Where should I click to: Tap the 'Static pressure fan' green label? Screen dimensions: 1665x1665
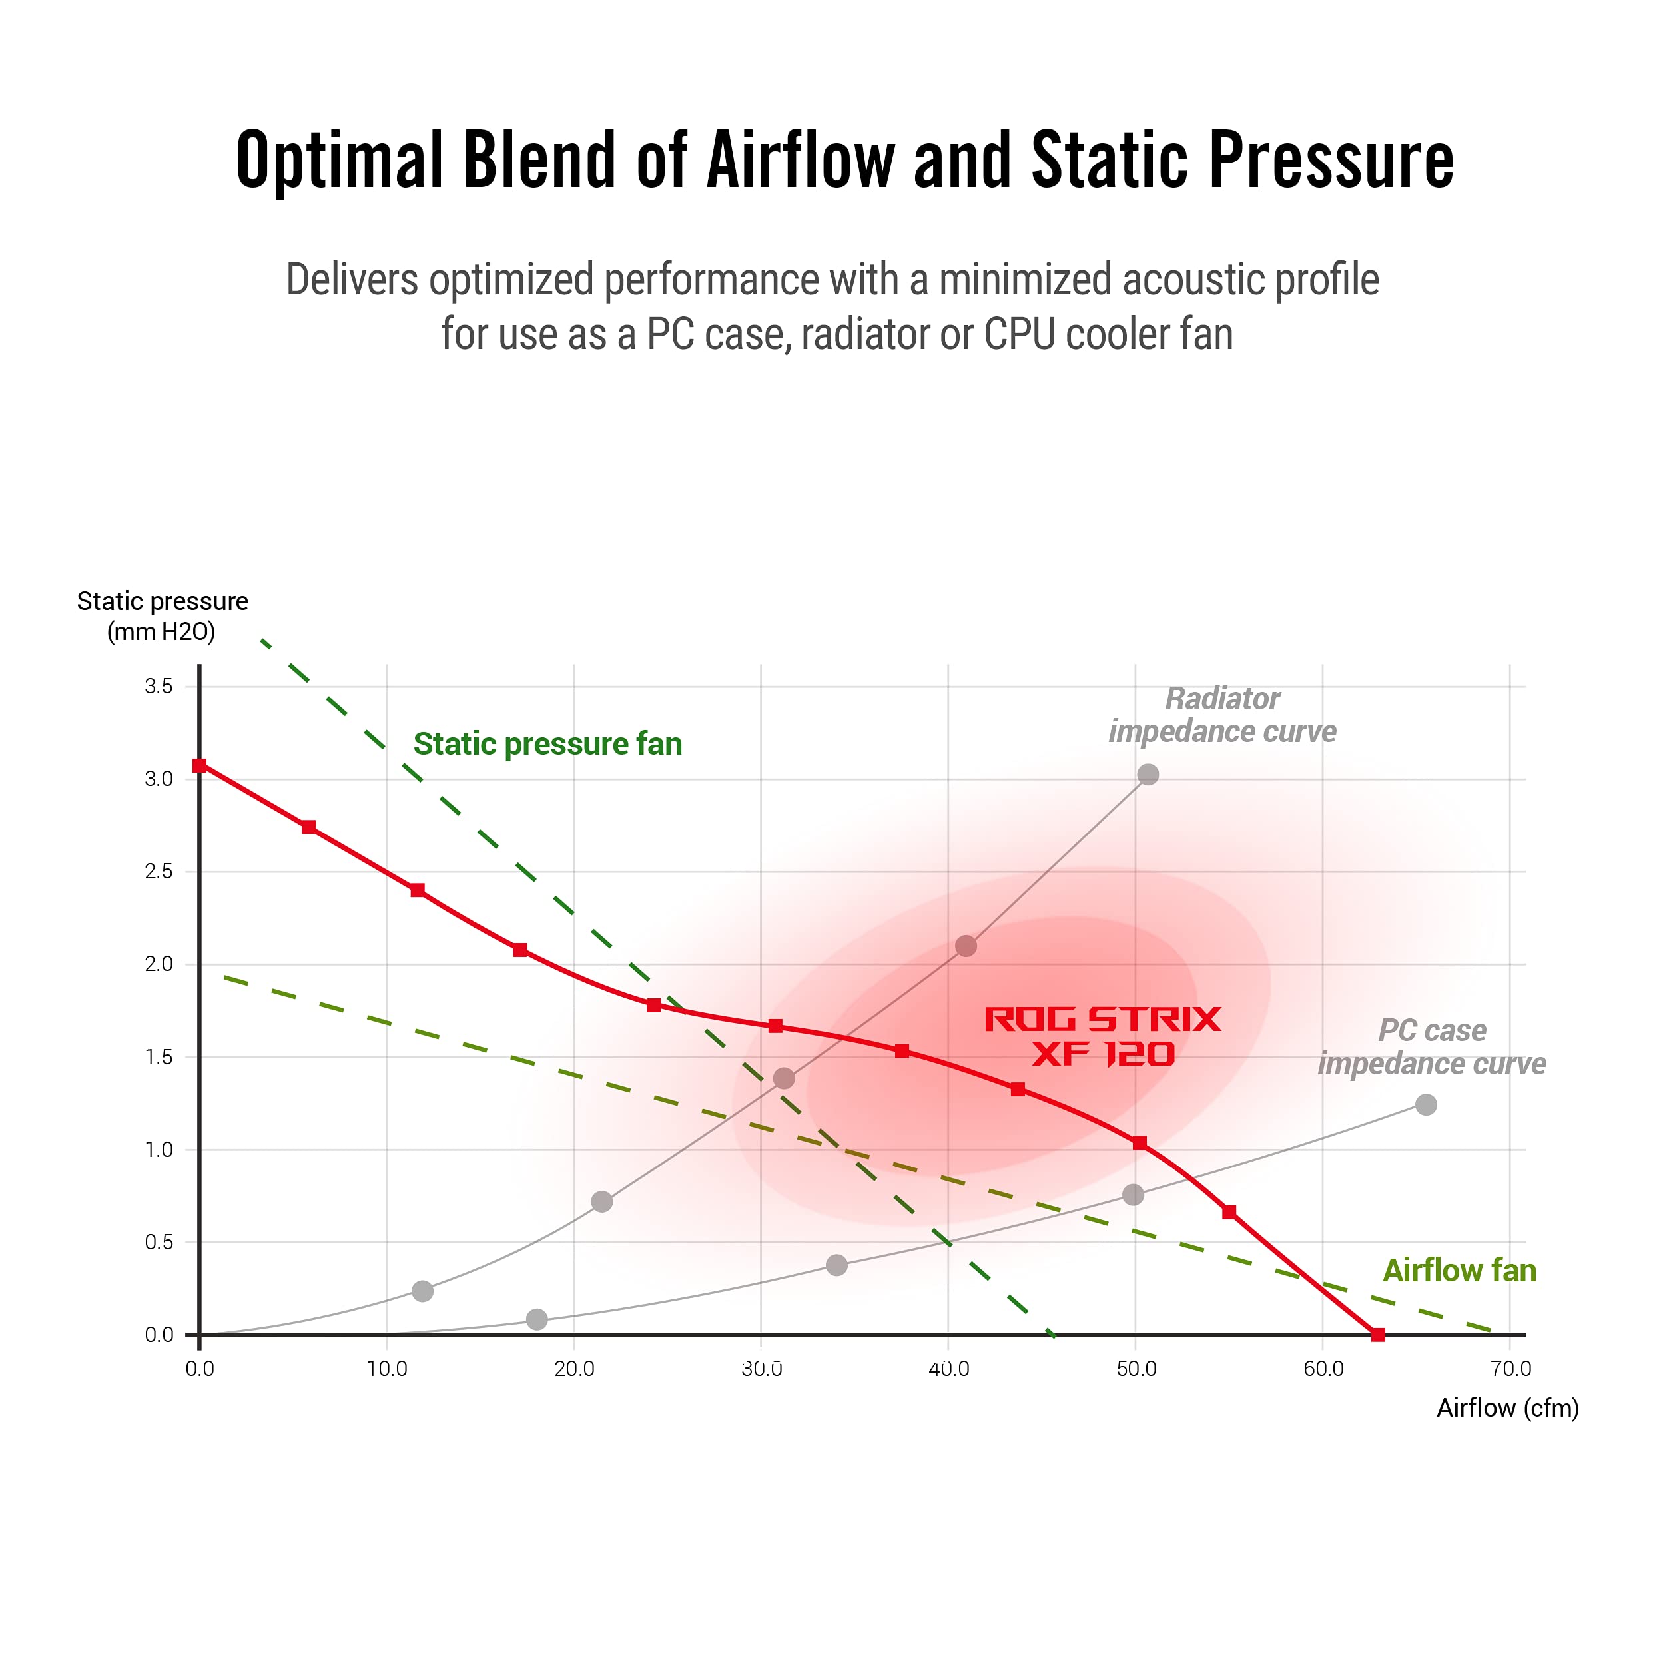tap(547, 744)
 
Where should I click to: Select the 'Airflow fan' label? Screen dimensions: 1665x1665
tap(1459, 1270)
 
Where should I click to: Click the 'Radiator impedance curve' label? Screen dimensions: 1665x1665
tap(1222, 715)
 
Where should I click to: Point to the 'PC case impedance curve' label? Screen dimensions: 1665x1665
tap(1431, 1047)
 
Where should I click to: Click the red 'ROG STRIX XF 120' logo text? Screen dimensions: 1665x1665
tap(1102, 1037)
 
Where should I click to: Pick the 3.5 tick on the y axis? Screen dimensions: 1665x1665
tap(159, 686)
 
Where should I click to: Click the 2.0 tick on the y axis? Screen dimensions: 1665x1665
tap(159, 964)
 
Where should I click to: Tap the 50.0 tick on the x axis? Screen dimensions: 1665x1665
tap(1136, 1369)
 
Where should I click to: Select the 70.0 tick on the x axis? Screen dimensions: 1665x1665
tap(1510, 1369)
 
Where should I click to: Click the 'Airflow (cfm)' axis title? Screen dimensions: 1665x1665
tap(1507, 1407)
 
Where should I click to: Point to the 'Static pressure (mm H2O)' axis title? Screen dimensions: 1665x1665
tap(162, 616)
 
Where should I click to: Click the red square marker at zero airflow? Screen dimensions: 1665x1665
tap(199, 765)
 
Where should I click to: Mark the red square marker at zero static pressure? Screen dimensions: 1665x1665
tap(1378, 1335)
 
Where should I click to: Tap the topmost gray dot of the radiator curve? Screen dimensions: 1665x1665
tap(1148, 774)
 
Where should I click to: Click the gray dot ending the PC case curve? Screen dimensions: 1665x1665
tap(1427, 1104)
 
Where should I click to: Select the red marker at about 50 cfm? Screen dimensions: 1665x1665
tap(1140, 1143)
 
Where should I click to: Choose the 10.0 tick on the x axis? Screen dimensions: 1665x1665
tap(387, 1369)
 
